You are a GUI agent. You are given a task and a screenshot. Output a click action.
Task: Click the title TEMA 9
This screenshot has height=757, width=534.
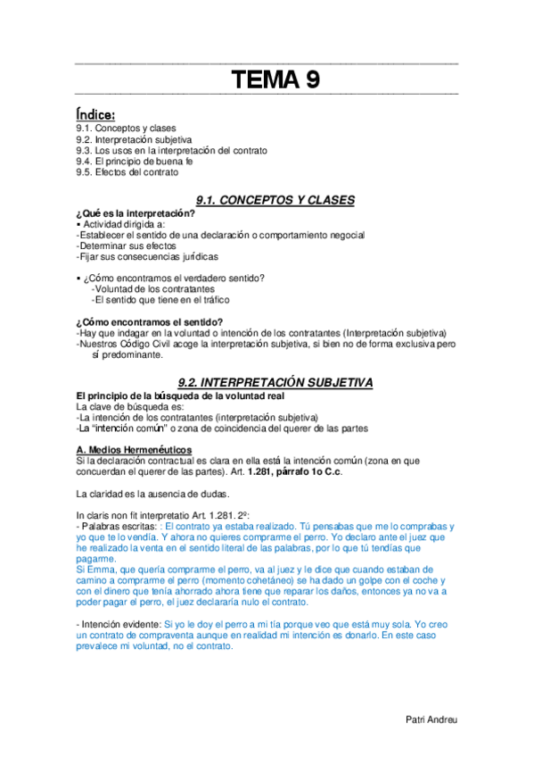tap(275, 81)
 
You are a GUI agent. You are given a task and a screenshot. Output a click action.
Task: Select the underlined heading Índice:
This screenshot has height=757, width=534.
tap(95, 114)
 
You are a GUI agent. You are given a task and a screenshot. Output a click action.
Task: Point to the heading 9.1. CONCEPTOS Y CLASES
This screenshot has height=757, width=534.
tap(275, 200)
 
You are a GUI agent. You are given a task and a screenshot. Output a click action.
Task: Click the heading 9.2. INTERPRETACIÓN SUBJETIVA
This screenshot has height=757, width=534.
tap(275, 381)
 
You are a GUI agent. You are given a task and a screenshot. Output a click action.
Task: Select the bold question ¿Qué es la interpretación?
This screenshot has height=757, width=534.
tap(136, 214)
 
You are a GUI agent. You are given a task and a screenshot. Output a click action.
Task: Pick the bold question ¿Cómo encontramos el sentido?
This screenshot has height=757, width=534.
tap(149, 321)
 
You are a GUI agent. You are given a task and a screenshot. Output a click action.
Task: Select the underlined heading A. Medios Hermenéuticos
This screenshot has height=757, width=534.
tap(134, 448)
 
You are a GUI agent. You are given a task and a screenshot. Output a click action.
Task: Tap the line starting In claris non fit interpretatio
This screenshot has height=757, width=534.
tap(163, 516)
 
